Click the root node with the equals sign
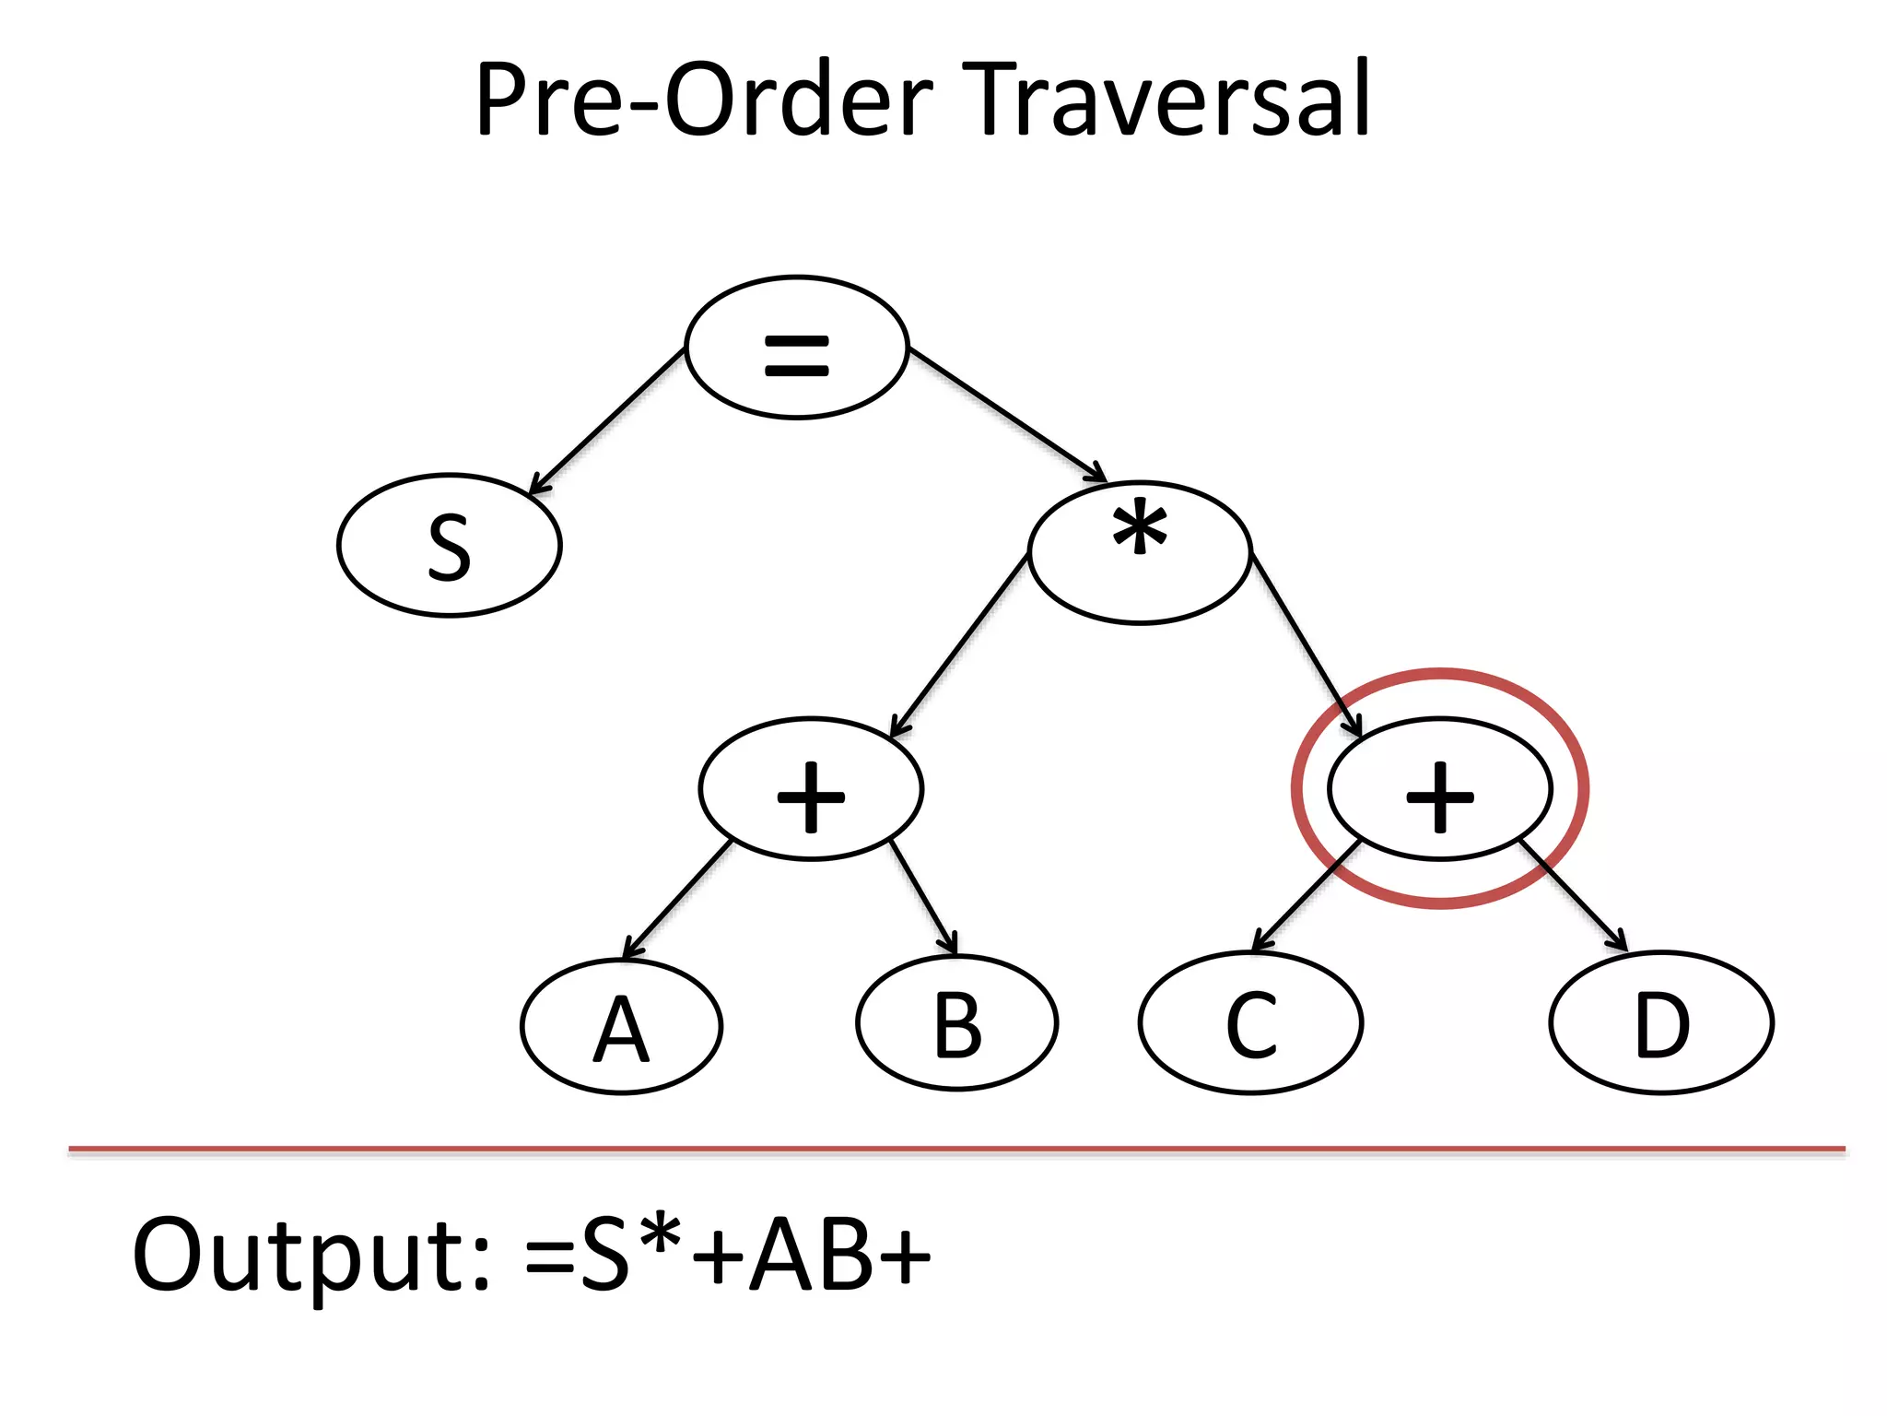click(x=797, y=348)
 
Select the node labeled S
click(x=450, y=546)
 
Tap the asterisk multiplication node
click(x=1140, y=552)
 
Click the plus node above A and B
click(x=811, y=789)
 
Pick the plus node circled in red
click(x=1439, y=789)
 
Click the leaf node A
click(x=622, y=1026)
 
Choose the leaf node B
click(x=957, y=1023)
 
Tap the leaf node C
click(x=1250, y=1023)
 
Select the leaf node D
click(x=1661, y=1023)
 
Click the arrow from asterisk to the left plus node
click(x=960, y=644)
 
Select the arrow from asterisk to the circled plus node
click(x=1305, y=644)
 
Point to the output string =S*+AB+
click(x=728, y=1254)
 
